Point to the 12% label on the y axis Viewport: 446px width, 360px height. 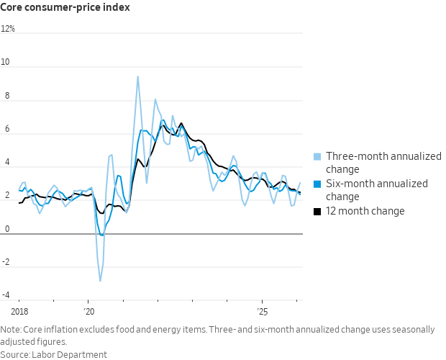point(8,30)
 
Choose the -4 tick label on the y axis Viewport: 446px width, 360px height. point(6,295)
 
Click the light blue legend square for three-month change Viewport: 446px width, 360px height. point(317,157)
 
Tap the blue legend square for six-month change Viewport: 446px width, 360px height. point(317,184)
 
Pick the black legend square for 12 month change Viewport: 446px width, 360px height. point(317,212)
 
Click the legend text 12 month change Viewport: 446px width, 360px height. point(365,212)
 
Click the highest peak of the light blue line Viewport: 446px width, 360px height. point(138,76)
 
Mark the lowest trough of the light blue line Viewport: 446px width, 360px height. point(100,281)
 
